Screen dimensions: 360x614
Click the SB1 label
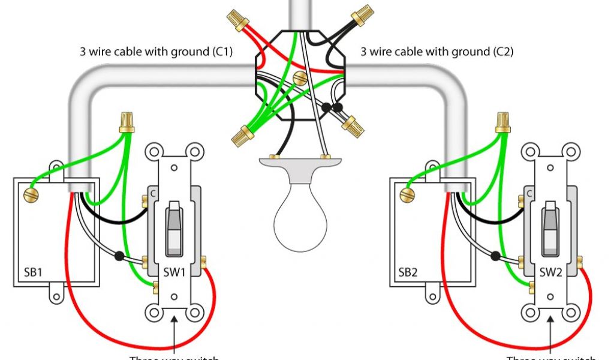pyautogui.click(x=32, y=272)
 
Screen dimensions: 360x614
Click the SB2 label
pyautogui.click(x=408, y=272)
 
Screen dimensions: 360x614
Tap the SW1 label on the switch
pyautogui.click(x=174, y=272)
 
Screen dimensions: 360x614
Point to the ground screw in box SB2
pyautogui.click(x=406, y=194)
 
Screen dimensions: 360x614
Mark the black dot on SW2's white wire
pyautogui.click(x=495, y=256)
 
